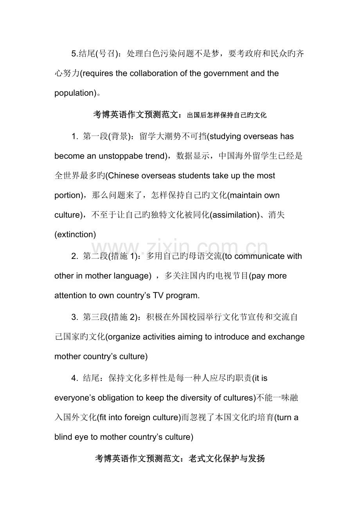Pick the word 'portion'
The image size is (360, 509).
tap(67, 195)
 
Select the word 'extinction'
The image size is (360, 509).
tap(75, 235)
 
